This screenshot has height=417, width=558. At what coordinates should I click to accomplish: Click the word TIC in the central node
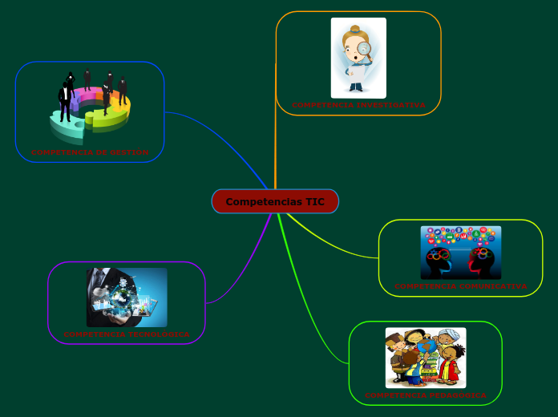(x=315, y=201)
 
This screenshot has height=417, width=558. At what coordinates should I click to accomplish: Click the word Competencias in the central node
(x=263, y=201)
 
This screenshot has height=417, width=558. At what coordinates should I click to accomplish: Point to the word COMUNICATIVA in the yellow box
(x=495, y=286)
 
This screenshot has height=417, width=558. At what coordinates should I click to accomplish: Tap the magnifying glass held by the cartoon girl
(x=365, y=50)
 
